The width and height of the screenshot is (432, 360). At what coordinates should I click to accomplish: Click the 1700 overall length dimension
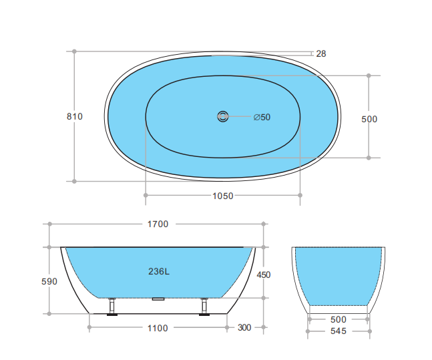(158, 224)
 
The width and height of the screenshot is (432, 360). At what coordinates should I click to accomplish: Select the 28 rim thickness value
(321, 53)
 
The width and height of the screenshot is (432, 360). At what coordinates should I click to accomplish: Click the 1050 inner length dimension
(223, 196)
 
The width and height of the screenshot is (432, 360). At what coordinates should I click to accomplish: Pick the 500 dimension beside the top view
(369, 119)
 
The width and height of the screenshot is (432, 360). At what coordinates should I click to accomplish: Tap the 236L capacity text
(159, 271)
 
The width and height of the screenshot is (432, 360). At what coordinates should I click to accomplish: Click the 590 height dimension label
(49, 281)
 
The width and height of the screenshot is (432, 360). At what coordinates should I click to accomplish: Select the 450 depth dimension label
(264, 275)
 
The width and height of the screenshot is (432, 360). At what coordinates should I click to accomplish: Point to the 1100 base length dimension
(158, 328)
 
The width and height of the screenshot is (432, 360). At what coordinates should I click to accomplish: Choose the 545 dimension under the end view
(339, 331)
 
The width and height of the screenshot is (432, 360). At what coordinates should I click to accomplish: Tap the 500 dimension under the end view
(339, 319)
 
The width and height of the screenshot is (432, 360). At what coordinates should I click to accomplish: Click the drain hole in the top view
(222, 117)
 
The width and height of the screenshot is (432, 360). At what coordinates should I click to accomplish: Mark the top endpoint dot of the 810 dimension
(75, 51)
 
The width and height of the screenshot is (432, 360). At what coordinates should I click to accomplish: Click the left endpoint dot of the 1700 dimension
(49, 224)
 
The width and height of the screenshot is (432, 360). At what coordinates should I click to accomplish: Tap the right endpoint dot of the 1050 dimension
(300, 196)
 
